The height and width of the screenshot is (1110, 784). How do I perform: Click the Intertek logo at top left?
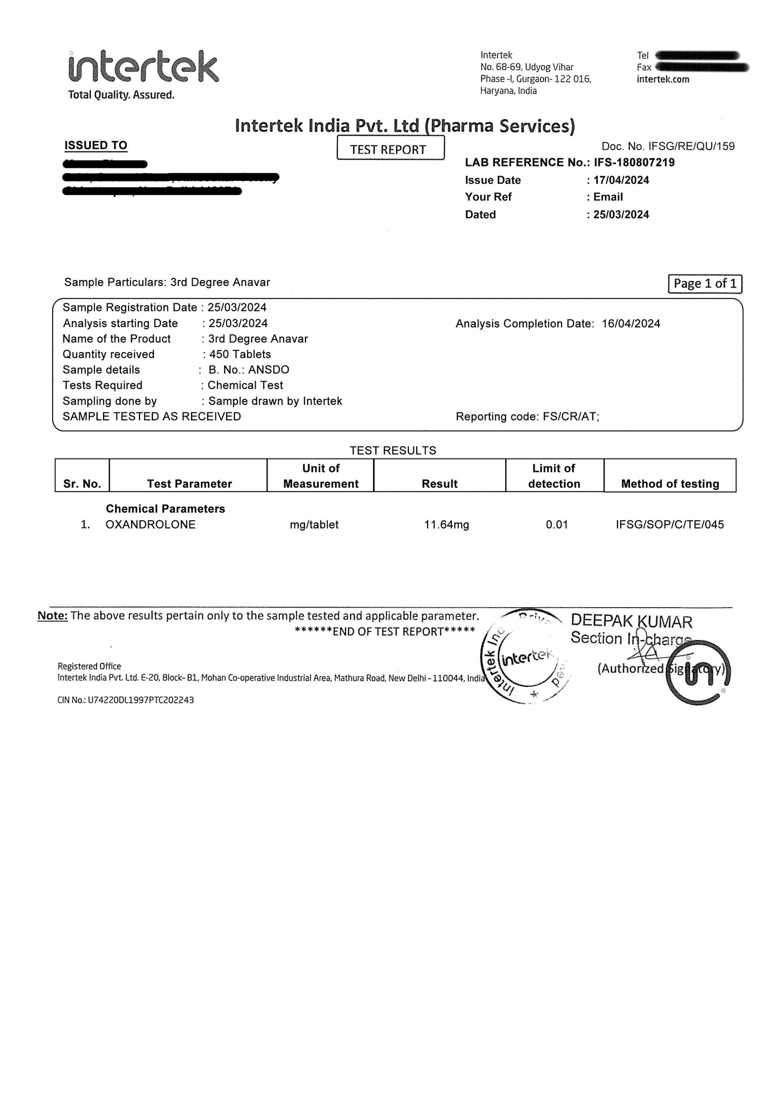(143, 67)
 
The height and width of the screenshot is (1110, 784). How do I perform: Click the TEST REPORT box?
(390, 149)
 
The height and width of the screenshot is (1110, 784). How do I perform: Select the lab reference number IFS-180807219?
(634, 162)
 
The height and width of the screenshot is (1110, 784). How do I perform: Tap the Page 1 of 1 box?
(705, 283)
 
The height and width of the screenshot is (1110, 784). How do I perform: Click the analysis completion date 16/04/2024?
(631, 324)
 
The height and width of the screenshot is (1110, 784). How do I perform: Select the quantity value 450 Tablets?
(240, 354)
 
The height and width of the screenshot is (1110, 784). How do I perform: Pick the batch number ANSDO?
(269, 370)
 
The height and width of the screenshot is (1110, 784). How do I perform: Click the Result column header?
(439, 483)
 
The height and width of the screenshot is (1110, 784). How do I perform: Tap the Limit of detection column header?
(554, 476)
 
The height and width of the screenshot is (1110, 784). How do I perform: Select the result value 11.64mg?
(447, 525)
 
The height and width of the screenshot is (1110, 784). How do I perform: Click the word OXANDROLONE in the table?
(151, 525)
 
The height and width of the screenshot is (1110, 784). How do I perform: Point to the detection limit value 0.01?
(557, 525)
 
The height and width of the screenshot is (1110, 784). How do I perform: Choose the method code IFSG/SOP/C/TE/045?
(670, 525)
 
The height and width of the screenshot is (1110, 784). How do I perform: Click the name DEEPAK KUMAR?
(632, 622)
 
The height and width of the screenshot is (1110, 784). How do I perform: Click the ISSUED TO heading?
(95, 145)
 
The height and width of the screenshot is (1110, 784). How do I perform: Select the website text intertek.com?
(662, 79)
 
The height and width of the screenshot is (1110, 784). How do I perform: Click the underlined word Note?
(53, 616)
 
